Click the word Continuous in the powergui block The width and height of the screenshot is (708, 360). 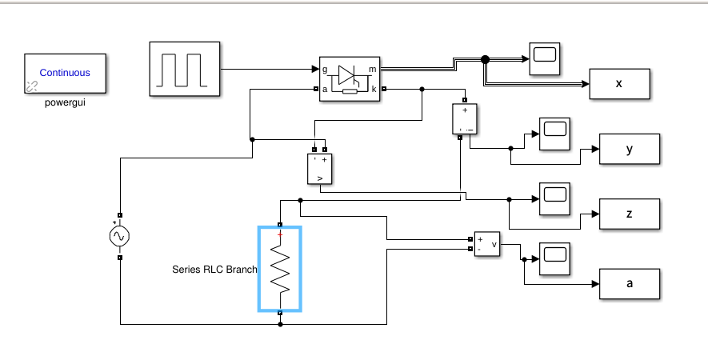click(65, 73)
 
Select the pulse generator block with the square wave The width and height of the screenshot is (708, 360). click(184, 70)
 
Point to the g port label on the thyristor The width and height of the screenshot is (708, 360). click(325, 70)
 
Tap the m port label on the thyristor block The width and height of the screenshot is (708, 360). click(373, 70)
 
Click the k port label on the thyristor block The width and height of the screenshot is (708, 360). click(374, 89)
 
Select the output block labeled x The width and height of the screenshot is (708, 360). click(619, 84)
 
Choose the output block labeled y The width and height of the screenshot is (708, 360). click(629, 149)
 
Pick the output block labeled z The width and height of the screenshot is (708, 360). click(629, 214)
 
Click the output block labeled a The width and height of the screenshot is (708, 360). click(629, 282)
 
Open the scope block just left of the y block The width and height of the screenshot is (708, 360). click(554, 133)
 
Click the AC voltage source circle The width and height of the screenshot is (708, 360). click(119, 236)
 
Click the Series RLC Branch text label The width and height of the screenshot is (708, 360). click(214, 270)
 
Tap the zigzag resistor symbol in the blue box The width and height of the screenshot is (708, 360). click(280, 269)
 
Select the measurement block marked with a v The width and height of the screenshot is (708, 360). click(486, 244)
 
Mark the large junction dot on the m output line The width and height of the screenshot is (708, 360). click(485, 58)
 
